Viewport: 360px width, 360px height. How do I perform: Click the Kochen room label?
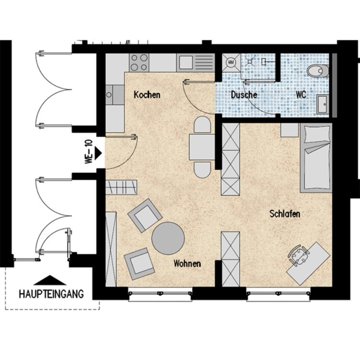click(x=147, y=95)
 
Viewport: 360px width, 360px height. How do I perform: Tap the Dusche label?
click(x=244, y=95)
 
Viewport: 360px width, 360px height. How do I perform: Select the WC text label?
click(x=301, y=95)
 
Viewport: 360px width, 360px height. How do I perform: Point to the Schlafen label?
click(x=285, y=214)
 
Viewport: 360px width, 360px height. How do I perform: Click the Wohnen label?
click(x=187, y=264)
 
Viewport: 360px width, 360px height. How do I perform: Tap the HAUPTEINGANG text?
click(x=51, y=292)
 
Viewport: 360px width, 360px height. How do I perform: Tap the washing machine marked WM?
click(x=231, y=62)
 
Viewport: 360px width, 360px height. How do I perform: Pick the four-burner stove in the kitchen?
click(x=139, y=62)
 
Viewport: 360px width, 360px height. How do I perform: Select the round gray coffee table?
click(x=167, y=238)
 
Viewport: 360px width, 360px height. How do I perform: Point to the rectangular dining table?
click(x=202, y=147)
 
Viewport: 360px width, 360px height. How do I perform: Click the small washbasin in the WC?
click(x=322, y=103)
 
